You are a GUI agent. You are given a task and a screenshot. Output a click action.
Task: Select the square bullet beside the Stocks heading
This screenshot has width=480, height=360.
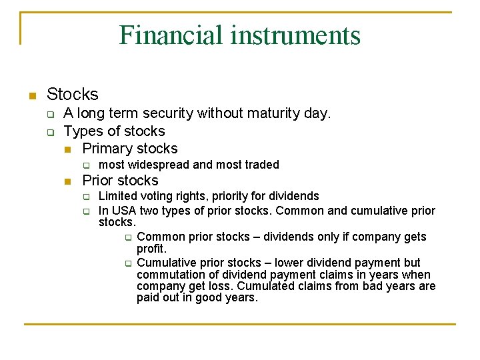31,95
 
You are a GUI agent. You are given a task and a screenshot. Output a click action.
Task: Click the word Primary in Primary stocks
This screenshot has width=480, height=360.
109,148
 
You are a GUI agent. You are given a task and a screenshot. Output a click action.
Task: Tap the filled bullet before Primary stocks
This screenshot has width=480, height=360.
67,149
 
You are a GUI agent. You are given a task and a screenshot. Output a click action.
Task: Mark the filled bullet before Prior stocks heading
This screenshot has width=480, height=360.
67,181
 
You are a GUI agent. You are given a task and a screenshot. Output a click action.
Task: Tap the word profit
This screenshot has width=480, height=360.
151,249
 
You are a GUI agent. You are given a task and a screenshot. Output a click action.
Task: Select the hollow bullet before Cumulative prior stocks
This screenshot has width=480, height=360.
127,263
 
